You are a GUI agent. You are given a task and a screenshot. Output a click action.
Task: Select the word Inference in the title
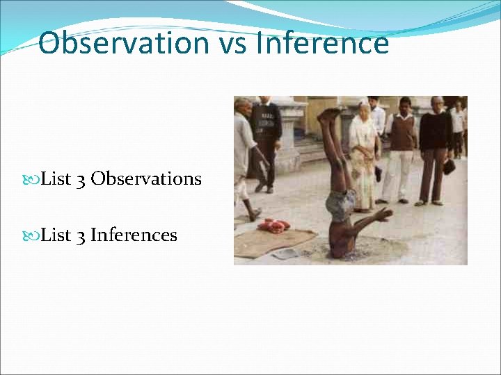322,43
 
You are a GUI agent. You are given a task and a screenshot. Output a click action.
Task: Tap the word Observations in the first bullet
146,179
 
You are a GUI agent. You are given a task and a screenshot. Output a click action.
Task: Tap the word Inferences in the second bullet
134,235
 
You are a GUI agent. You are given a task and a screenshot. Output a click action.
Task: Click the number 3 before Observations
81,179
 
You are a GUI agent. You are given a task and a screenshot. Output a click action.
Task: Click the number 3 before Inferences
81,235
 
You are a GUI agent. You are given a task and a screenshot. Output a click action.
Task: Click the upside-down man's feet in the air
329,114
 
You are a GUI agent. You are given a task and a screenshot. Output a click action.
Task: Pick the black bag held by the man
449,167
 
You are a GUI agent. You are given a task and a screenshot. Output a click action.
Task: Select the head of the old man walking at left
242,105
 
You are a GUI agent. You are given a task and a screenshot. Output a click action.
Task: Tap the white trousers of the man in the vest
399,174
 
